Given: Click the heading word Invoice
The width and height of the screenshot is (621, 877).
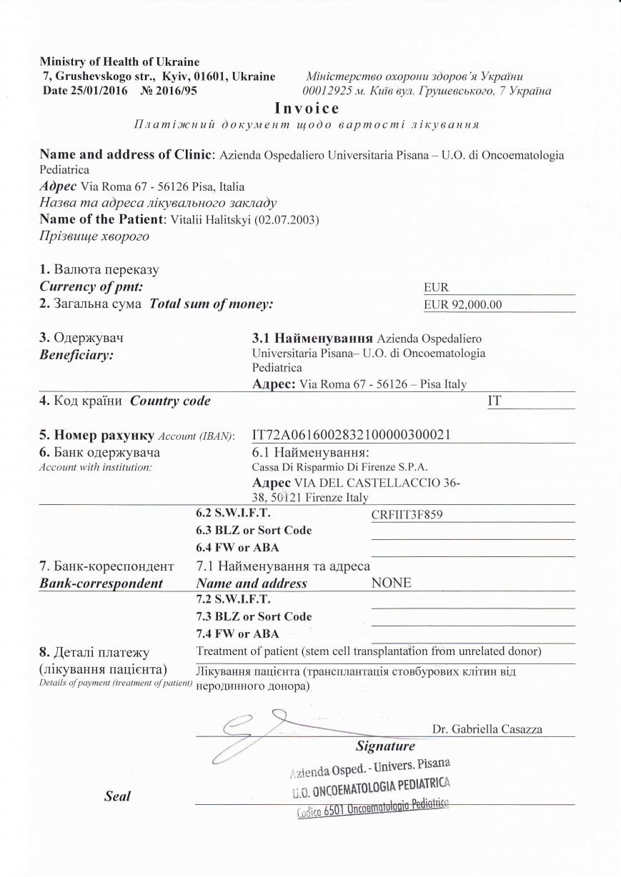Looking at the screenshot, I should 307,109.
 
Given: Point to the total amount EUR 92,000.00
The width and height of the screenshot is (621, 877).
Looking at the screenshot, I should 463,304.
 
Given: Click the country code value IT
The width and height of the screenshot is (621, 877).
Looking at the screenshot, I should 493,401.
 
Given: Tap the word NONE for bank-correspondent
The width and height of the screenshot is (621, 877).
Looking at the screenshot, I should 392,583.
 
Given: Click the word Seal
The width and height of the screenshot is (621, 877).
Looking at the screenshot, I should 117,796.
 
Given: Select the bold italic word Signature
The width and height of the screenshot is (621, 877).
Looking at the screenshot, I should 385,746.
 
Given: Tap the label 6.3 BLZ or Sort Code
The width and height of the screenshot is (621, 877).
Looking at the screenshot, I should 254,531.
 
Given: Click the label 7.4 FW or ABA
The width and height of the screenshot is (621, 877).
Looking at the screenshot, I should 237,633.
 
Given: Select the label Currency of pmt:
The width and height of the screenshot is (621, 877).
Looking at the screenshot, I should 91,287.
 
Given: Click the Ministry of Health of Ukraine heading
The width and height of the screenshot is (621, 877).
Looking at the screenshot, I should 119,62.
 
